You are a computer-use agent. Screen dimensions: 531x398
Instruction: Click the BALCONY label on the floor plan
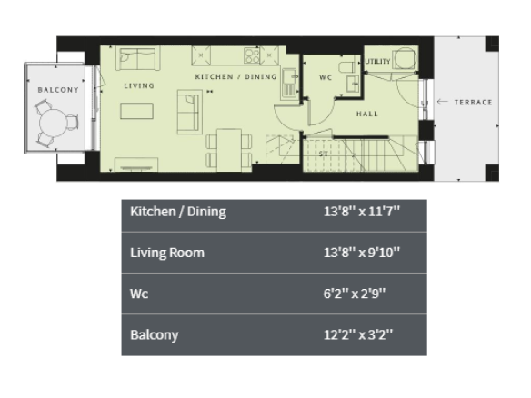(58, 90)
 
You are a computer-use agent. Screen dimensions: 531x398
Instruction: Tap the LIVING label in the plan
(139, 85)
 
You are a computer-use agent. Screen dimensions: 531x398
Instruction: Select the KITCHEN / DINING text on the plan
(235, 77)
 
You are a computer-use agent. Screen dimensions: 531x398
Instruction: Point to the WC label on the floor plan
(326, 77)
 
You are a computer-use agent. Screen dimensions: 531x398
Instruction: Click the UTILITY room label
(378, 61)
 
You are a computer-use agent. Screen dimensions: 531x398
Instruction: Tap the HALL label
(367, 114)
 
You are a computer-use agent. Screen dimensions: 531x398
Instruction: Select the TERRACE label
(473, 102)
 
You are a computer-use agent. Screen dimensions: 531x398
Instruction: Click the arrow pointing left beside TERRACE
(442, 102)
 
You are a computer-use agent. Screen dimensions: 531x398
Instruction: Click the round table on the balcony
(53, 123)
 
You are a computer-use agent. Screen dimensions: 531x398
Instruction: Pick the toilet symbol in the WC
(346, 66)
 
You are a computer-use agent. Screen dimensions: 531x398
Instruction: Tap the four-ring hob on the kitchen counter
(252, 55)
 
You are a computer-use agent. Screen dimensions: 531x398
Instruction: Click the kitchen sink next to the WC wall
(289, 84)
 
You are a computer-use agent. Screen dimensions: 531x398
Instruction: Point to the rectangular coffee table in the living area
(136, 111)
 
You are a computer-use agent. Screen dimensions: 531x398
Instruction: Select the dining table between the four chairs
(229, 150)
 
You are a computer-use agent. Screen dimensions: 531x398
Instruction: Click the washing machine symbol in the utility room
(405, 58)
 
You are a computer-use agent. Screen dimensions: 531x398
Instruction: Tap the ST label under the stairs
(323, 154)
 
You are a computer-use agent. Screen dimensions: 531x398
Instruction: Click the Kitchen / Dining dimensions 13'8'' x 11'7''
(362, 212)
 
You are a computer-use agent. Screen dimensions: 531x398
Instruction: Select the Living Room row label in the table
(167, 253)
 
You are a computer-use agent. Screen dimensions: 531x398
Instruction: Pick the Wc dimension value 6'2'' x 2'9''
(355, 294)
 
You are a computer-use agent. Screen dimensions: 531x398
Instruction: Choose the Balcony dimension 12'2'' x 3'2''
(358, 334)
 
